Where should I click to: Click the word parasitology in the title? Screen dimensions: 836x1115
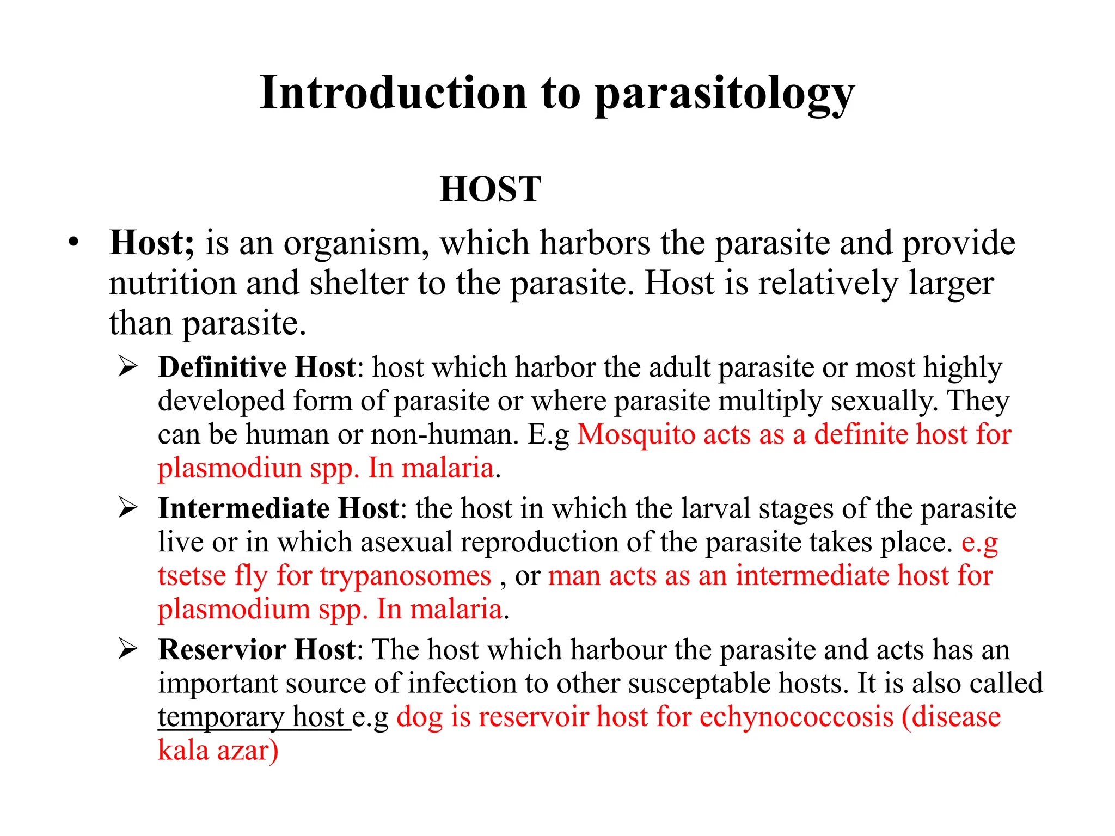724,94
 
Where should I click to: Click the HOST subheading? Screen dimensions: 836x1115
490,189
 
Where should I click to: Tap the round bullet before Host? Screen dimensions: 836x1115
73,243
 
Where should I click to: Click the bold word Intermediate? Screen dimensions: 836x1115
243,508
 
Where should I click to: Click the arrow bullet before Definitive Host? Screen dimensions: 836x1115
127,367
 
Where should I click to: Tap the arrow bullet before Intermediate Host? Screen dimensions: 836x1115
127,508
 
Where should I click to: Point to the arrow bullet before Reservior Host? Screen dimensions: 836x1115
127,649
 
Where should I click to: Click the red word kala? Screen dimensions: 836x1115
183,751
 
